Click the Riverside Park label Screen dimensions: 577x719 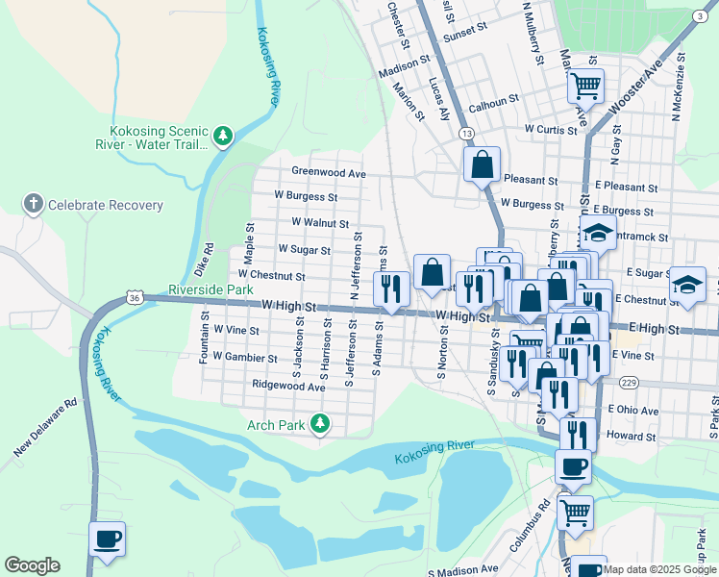pyautogui.click(x=211, y=288)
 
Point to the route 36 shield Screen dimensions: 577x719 pyautogui.click(x=137, y=299)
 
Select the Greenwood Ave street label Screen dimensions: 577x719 pyautogui.click(x=330, y=173)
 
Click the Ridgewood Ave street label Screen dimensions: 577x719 pyautogui.click(x=288, y=385)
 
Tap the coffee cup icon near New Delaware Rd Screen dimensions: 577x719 pyautogui.click(x=107, y=539)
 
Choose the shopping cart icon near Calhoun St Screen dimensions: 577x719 pyautogui.click(x=584, y=87)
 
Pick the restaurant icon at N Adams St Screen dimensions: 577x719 pyautogui.click(x=391, y=288)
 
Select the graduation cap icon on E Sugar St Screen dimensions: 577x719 pyautogui.click(x=687, y=284)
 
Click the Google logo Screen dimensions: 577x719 pyautogui.click(x=32, y=565)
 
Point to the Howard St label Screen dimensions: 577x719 pyautogui.click(x=637, y=437)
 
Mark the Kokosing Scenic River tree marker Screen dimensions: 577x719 pyautogui.click(x=223, y=136)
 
